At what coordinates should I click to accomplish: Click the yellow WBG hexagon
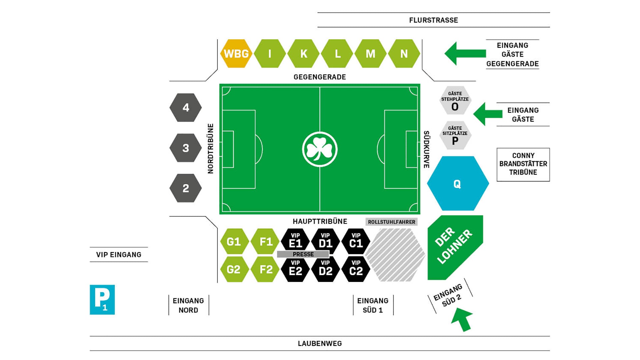coord(236,54)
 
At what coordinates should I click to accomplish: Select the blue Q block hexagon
coord(458,183)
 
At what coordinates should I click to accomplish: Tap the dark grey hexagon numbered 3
coord(186,148)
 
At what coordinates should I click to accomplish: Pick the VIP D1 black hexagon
coord(325,241)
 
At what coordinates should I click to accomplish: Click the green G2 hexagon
coord(234,269)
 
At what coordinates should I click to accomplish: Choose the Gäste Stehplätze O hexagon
coord(455,101)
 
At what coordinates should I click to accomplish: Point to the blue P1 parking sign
coord(102,299)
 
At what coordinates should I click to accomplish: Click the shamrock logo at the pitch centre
coord(320,149)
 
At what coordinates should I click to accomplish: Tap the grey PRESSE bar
coord(303,254)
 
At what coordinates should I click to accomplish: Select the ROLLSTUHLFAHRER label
coord(392,222)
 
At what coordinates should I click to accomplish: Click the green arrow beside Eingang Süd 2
coord(462,319)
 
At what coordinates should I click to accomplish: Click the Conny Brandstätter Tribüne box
coord(523,164)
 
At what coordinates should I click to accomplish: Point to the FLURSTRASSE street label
coord(433,20)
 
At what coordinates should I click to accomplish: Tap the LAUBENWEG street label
coord(320,343)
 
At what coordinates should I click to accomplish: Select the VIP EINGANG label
coord(119,255)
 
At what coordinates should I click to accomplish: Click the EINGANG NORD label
coord(188,305)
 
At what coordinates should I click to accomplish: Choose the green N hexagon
coord(404,54)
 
